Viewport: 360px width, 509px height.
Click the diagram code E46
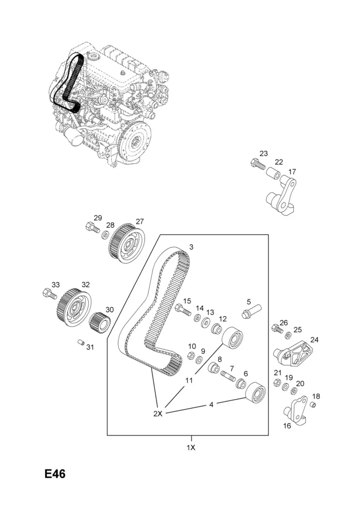click(55, 474)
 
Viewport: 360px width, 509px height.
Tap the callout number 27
click(140, 221)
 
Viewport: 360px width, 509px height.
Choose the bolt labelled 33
click(50, 294)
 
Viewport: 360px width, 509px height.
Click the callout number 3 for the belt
click(191, 247)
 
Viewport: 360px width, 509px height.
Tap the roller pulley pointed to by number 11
click(232, 337)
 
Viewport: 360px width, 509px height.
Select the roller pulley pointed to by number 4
click(256, 393)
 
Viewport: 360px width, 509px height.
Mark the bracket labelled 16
click(295, 410)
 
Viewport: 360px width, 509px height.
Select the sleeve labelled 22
click(273, 173)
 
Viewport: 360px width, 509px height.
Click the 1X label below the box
click(191, 447)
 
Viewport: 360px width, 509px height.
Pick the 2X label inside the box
click(158, 414)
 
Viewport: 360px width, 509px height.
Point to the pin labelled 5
click(252, 312)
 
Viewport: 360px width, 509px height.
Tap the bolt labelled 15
click(183, 309)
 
